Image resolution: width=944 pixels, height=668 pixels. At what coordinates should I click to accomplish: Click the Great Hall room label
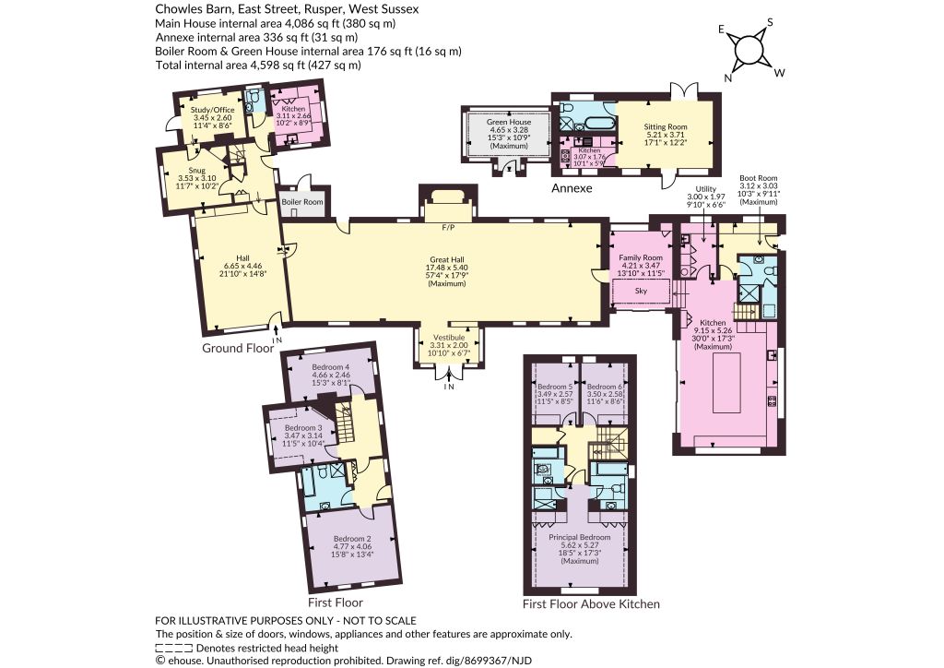pyautogui.click(x=447, y=259)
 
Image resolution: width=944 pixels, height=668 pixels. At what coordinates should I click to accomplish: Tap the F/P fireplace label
pyautogui.click(x=447, y=228)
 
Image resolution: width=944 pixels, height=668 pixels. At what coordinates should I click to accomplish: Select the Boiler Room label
pyautogui.click(x=302, y=202)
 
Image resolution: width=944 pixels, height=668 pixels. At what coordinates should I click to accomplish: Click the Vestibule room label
pyautogui.click(x=449, y=338)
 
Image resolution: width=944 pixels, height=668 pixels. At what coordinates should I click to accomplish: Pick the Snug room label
pyautogui.click(x=196, y=171)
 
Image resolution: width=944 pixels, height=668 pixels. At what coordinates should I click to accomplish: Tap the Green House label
pyautogui.click(x=509, y=122)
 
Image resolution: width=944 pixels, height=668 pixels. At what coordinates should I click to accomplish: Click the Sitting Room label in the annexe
pyautogui.click(x=666, y=126)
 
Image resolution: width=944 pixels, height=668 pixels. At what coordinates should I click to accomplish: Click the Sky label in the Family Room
pyautogui.click(x=642, y=291)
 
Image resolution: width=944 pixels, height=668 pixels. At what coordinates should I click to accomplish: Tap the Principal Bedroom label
pyautogui.click(x=579, y=537)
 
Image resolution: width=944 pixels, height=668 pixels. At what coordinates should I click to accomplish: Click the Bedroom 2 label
pyautogui.click(x=352, y=539)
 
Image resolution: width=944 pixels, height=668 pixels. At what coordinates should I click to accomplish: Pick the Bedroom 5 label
pyautogui.click(x=554, y=387)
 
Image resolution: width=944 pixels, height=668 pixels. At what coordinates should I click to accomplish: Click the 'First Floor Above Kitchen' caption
pyautogui.click(x=591, y=603)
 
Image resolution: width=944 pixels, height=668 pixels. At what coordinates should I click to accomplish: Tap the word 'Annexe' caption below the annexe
pyautogui.click(x=572, y=188)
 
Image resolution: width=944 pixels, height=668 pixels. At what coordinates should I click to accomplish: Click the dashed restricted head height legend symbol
pyautogui.click(x=174, y=648)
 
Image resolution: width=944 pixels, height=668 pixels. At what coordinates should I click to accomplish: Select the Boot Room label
pyautogui.click(x=759, y=178)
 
